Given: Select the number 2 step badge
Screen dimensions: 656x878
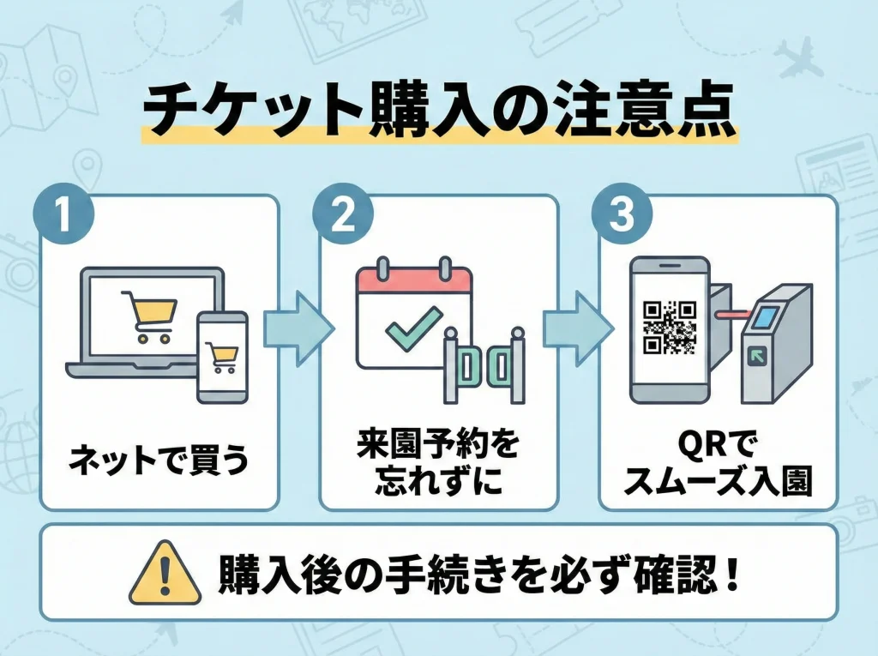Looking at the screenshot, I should click(341, 214).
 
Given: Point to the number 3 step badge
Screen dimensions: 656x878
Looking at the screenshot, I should click(620, 214).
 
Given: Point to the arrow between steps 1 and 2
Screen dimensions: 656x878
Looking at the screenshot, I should click(298, 327).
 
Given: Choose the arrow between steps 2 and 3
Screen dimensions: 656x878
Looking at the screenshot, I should click(576, 327).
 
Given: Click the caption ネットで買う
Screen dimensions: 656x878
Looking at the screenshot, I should click(159, 460).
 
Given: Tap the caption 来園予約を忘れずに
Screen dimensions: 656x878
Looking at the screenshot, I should click(437, 463).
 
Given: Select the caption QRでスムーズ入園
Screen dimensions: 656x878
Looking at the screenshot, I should click(717, 463).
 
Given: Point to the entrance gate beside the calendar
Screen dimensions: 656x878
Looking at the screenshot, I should click(484, 364).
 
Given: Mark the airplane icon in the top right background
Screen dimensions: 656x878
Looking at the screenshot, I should click(797, 57).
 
